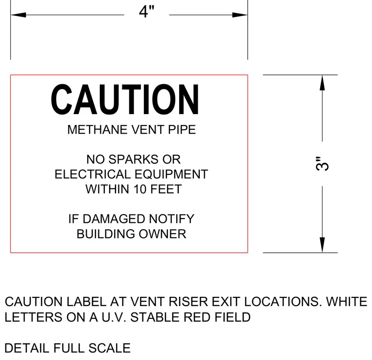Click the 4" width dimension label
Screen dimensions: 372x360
[146, 11]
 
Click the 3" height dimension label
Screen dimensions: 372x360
[322, 164]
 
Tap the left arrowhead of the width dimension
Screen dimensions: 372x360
[19, 15]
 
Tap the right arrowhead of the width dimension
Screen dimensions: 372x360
[240, 15]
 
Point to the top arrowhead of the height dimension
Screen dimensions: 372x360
[322, 83]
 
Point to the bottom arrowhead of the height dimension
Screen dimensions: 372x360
[322, 245]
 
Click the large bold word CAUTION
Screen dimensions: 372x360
[125, 99]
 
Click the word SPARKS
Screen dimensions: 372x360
[133, 159]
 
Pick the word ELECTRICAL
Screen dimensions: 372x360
[93, 174]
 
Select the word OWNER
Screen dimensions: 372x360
[163, 234]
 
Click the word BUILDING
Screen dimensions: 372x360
[106, 234]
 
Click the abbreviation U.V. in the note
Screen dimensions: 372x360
[114, 317]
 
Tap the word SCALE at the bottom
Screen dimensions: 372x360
[109, 348]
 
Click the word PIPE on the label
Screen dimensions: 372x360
[182, 130]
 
